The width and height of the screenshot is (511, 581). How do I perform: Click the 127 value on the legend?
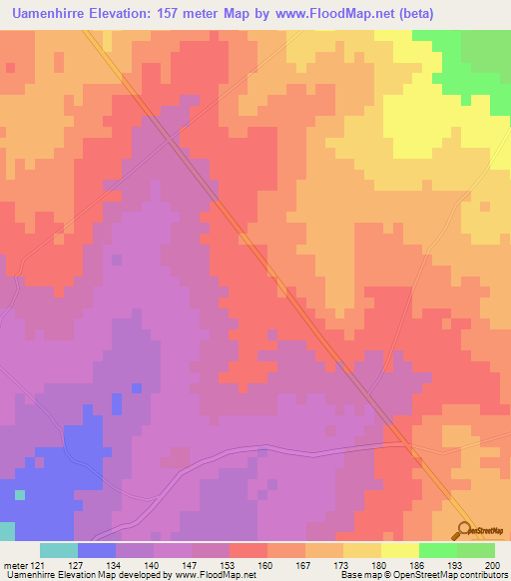pos(78,564)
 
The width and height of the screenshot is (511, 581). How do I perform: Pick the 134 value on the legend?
pos(116,564)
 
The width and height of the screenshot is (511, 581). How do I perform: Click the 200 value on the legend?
pos(492,564)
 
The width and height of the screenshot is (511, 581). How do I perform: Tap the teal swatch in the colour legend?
pos(59,550)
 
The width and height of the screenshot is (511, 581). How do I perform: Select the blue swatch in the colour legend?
pos(97,550)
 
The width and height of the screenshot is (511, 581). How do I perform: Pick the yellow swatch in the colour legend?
pos(400,550)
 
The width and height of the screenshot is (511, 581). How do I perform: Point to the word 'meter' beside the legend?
pos(15,564)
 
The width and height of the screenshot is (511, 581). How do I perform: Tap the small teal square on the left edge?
pos(19,494)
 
